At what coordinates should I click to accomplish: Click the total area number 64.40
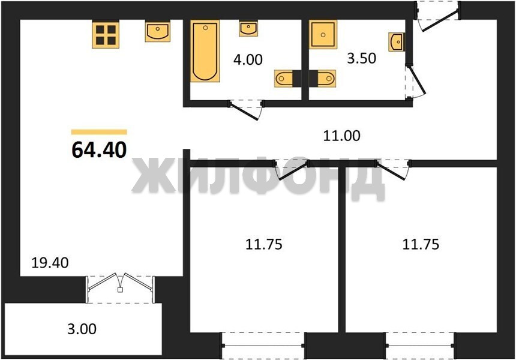(x=99, y=150)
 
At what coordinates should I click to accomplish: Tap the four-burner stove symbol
(x=106, y=35)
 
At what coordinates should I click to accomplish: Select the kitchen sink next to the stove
(x=158, y=32)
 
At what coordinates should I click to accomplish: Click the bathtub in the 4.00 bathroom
(x=205, y=52)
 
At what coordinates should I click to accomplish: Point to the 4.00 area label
(x=248, y=59)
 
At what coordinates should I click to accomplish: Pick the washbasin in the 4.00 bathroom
(x=248, y=29)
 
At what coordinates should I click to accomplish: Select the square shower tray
(x=323, y=34)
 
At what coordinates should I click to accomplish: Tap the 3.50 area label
(x=361, y=58)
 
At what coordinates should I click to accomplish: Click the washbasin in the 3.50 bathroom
(x=397, y=42)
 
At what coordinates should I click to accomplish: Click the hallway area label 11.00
(x=341, y=136)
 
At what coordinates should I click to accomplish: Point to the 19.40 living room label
(x=50, y=263)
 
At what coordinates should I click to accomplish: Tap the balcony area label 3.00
(x=82, y=329)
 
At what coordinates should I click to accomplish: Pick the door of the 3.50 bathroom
(x=415, y=81)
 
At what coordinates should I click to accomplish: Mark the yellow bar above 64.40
(x=99, y=132)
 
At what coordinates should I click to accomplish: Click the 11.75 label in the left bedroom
(x=264, y=244)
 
